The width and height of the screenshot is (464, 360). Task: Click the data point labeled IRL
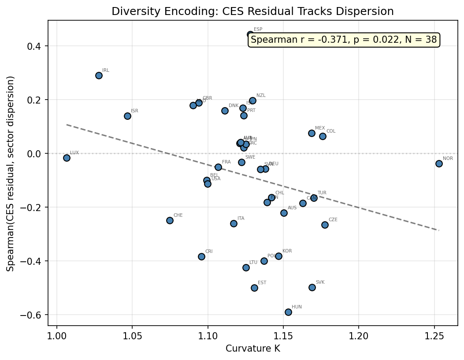(99, 75)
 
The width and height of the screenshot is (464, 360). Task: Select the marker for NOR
(439, 163)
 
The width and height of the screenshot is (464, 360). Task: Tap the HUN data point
(288, 312)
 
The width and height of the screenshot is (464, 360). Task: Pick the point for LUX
(67, 158)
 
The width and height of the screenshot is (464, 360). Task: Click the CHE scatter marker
(170, 220)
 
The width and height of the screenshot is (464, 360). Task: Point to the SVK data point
(312, 287)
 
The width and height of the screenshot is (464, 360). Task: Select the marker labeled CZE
(325, 225)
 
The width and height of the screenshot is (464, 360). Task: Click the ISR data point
(127, 116)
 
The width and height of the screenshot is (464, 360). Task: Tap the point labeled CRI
(201, 256)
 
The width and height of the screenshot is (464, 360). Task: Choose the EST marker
(254, 288)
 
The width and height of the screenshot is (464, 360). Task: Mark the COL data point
(323, 136)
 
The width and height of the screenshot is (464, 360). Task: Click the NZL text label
(261, 96)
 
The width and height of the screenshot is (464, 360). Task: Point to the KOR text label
(287, 251)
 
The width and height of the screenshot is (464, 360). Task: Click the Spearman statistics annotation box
(344, 40)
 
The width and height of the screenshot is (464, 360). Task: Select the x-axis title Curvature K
(252, 349)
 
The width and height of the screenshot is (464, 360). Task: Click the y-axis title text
(11, 174)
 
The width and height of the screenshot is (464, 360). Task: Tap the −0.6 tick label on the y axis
(33, 315)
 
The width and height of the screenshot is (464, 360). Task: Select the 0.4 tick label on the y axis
(36, 46)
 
